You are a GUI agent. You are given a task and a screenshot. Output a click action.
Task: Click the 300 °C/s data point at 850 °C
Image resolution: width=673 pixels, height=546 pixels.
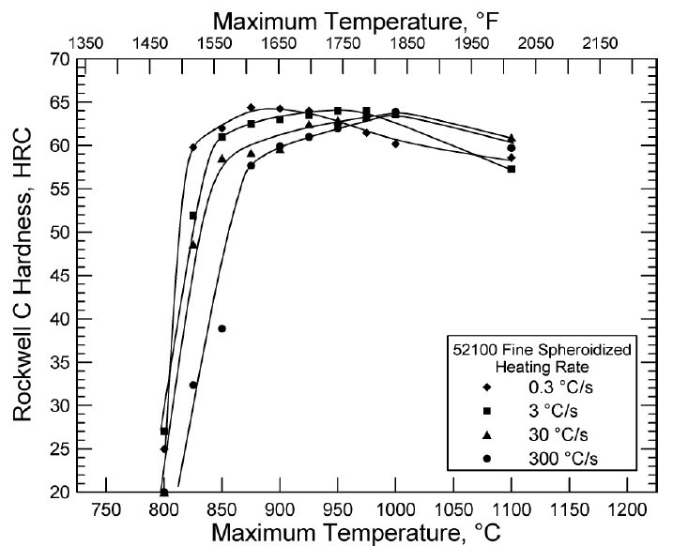pyautogui.click(x=222, y=328)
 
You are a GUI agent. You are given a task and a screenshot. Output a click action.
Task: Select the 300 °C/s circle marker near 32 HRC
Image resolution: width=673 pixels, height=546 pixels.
pyautogui.click(x=193, y=385)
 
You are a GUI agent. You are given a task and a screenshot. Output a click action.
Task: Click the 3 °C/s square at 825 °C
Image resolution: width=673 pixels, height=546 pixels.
pyautogui.click(x=193, y=216)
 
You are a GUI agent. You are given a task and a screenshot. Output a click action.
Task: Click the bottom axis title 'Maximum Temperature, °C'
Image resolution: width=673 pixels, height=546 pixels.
pyautogui.click(x=361, y=533)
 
